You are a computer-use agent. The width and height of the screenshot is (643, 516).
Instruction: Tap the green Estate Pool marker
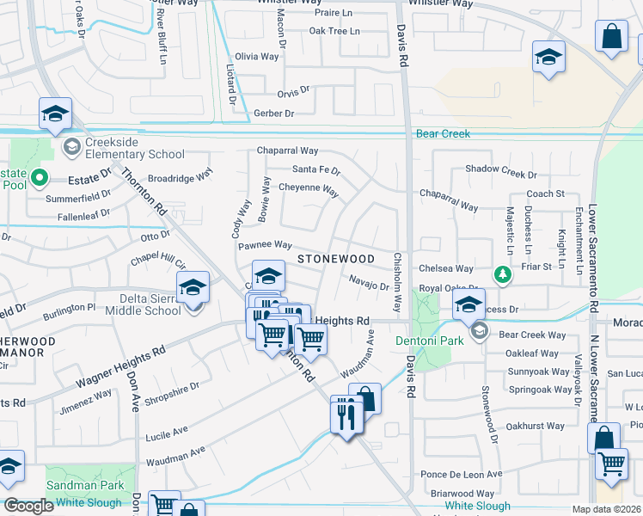click(x=39, y=179)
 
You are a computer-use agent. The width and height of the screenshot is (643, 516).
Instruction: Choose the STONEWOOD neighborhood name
click(x=336, y=259)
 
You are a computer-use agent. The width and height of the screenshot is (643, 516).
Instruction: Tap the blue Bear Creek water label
click(x=443, y=134)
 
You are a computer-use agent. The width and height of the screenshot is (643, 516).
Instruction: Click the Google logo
click(x=29, y=506)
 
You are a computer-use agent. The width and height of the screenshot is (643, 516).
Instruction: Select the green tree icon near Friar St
click(x=502, y=274)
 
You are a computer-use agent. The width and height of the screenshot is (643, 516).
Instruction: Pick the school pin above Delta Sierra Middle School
click(x=193, y=287)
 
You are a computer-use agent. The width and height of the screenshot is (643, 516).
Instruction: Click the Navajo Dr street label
click(x=369, y=281)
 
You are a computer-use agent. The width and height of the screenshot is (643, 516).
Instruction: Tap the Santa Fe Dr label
click(x=316, y=170)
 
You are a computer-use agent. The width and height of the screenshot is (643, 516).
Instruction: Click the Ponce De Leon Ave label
click(x=461, y=475)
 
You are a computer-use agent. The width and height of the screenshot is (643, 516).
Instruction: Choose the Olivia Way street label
click(x=257, y=57)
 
